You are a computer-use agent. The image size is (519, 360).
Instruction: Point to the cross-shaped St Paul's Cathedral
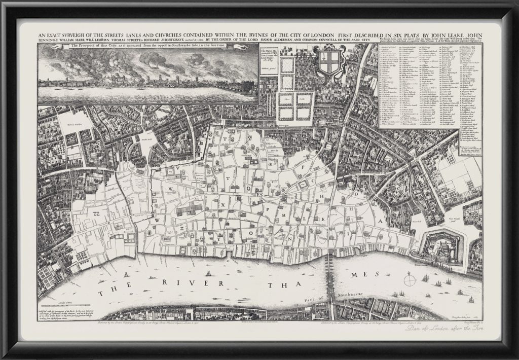point(189,211)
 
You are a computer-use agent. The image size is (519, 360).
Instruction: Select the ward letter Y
point(219,236)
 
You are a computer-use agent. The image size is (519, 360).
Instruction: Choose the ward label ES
point(259,194)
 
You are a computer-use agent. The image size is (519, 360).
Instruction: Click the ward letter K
point(323,218)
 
